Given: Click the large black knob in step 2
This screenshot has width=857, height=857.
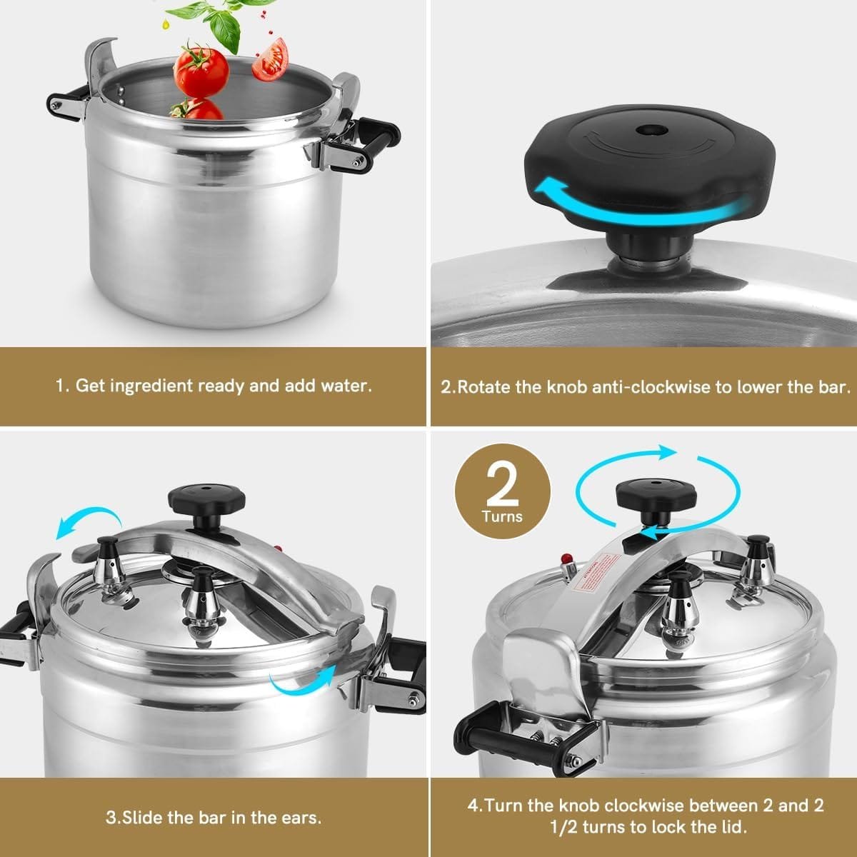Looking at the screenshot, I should point(643,164).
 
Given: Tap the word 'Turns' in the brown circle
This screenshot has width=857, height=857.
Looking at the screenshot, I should point(502,516).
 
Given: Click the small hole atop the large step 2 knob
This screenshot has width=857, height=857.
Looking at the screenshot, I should point(648,131).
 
